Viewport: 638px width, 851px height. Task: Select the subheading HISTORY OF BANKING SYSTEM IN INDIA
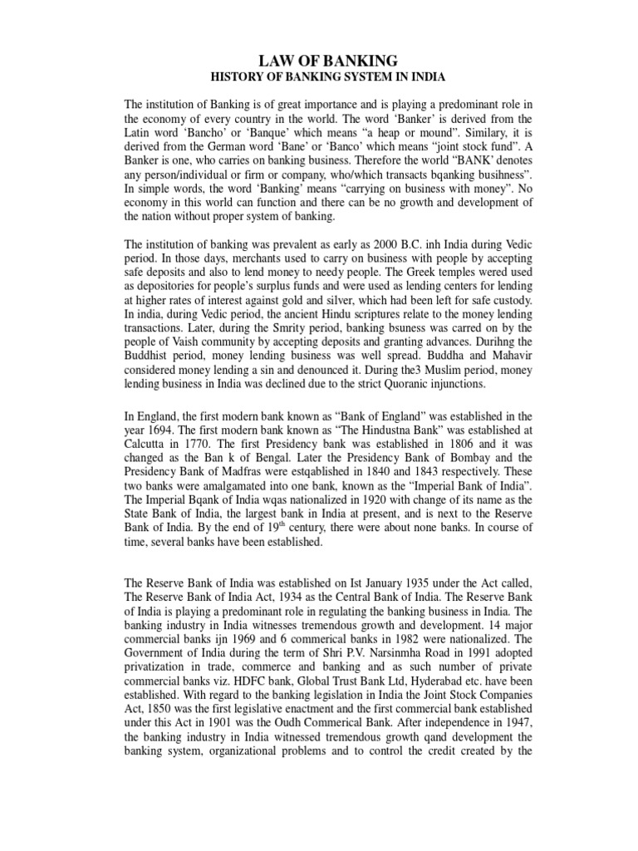click(x=318, y=79)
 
